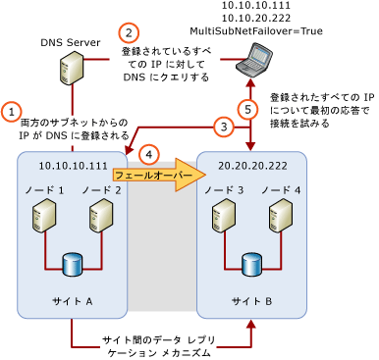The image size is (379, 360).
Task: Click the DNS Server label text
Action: coord(71,43)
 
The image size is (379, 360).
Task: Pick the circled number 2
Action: coord(129,32)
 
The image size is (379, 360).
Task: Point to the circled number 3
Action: coord(225,126)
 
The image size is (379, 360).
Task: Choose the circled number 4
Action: coord(149,154)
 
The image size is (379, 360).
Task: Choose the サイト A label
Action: coord(72,300)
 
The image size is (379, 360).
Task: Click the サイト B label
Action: coord(251,300)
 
